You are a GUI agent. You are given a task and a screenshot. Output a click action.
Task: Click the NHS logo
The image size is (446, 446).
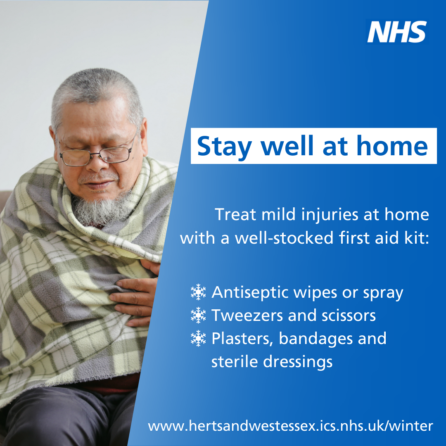pyautogui.click(x=397, y=31)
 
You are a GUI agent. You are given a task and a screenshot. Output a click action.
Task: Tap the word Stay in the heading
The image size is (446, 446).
pyautogui.click(x=224, y=147)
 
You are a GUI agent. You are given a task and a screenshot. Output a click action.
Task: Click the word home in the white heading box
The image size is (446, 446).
pyautogui.click(x=392, y=146)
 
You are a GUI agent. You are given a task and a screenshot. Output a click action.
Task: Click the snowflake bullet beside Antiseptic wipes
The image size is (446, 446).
pyautogui.click(x=198, y=292)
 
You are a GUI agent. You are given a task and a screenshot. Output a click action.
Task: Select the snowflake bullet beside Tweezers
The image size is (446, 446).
pyautogui.click(x=198, y=315)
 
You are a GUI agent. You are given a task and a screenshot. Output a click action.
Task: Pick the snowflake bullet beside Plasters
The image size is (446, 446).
pyautogui.click(x=198, y=338)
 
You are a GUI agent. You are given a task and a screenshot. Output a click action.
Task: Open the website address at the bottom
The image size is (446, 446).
pyautogui.click(x=290, y=426)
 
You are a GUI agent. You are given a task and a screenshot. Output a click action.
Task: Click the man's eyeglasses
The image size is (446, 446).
pyautogui.click(x=97, y=154)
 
